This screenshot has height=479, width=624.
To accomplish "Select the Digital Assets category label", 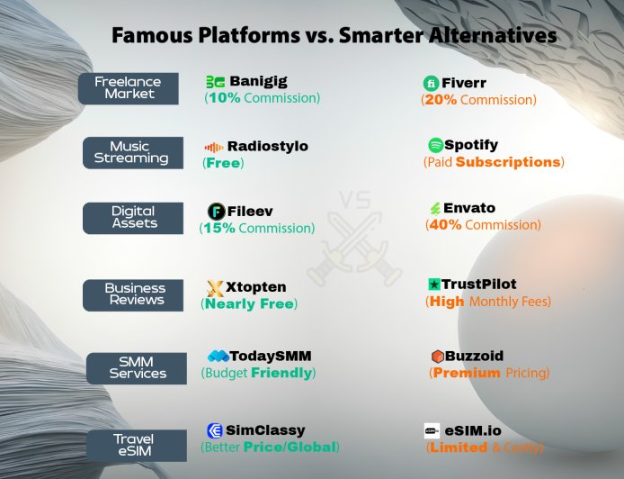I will tap(134, 217).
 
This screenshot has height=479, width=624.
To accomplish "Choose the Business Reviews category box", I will tap(135, 294).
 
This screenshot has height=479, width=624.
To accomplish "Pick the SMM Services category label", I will tap(138, 367).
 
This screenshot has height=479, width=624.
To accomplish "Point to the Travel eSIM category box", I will tap(133, 445).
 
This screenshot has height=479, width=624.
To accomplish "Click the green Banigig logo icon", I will tap(215, 82).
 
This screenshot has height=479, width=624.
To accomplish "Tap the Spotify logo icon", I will tap(435, 145).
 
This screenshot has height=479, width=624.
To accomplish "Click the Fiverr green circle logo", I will tap(431, 83).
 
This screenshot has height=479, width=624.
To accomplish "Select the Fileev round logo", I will tap(216, 212).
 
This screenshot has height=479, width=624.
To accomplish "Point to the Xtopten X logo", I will tap(215, 288).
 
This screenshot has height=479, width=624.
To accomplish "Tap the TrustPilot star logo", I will tap(434, 285).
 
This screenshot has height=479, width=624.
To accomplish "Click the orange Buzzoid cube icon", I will tap(438, 356).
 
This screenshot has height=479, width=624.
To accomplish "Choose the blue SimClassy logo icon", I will tap(215, 430).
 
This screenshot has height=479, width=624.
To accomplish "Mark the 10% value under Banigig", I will tap(224, 98).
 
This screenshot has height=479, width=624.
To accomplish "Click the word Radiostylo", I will tap(268, 146).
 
